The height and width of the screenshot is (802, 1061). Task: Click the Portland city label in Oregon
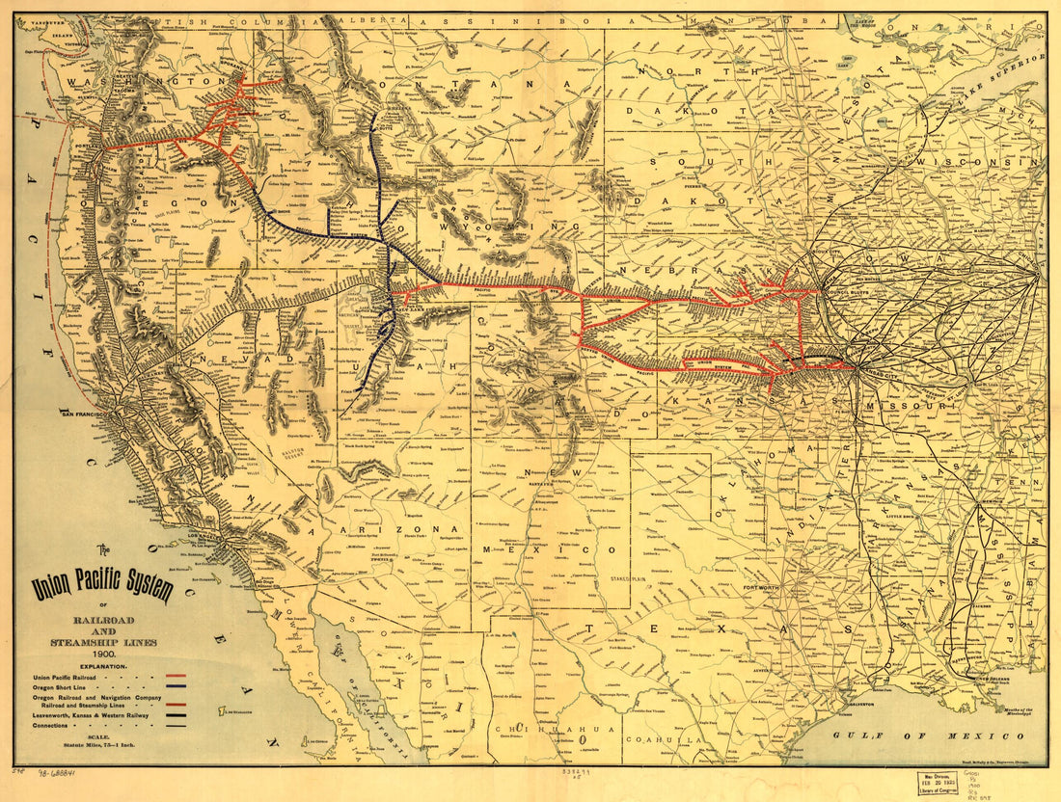[x=93, y=147]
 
